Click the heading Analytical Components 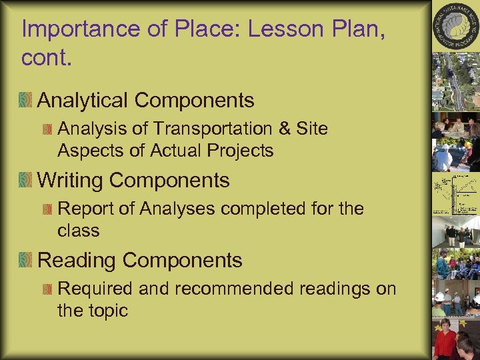point(146,100)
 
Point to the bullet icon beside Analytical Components point(26,100)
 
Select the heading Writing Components point(133,180)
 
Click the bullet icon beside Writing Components point(26,180)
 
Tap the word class point(79,231)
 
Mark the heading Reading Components point(140,260)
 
